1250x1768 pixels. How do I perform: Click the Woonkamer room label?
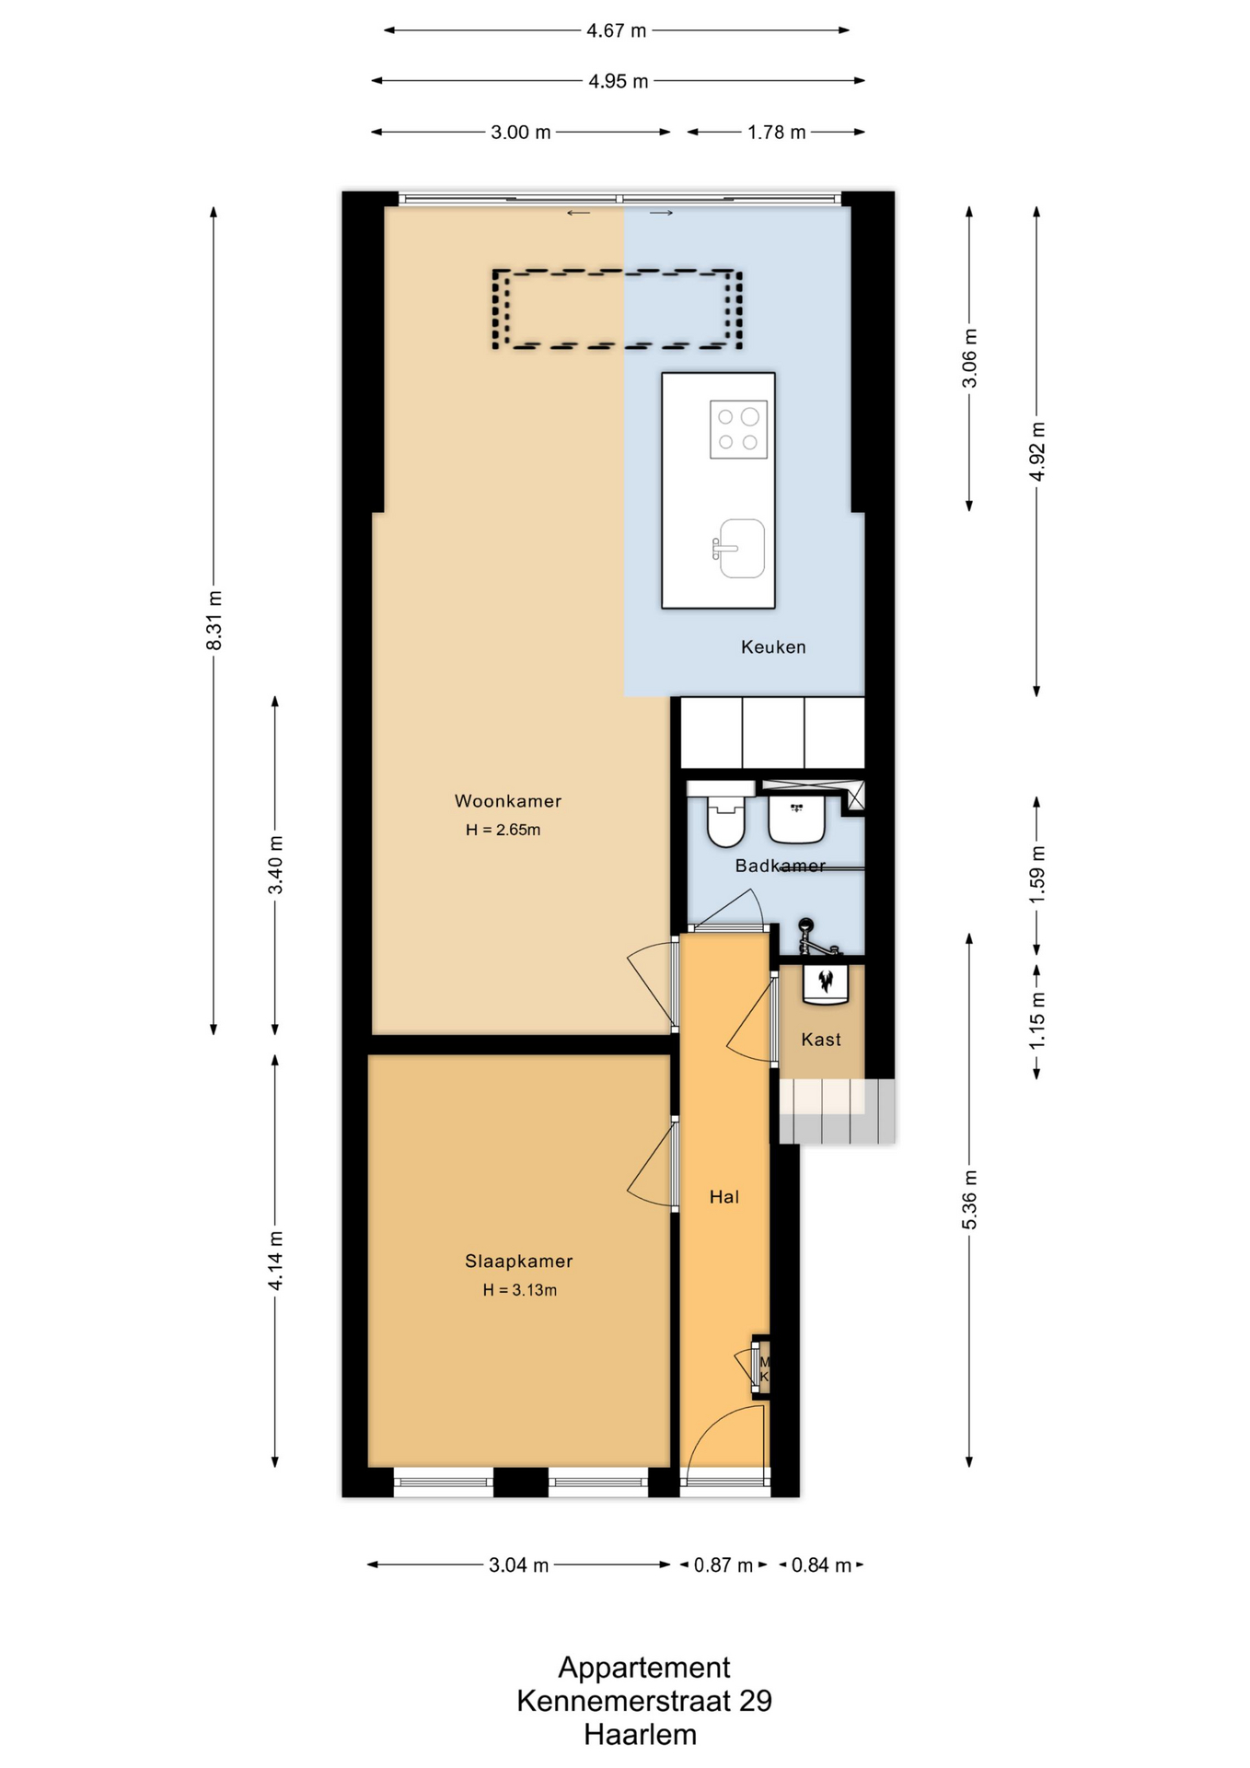[507, 801]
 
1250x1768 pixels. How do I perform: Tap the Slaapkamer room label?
[518, 1262]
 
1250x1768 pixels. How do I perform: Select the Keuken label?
[773, 647]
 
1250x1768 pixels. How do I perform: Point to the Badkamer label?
[780, 866]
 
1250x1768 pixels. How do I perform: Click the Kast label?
[821, 1040]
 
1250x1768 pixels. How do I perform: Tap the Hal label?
[724, 1197]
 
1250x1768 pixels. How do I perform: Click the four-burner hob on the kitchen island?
[738, 429]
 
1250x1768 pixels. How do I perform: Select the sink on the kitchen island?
[739, 549]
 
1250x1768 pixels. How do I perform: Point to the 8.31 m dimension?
[214, 621]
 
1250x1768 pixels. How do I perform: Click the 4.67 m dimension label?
[617, 30]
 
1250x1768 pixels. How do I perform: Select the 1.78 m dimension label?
[776, 133]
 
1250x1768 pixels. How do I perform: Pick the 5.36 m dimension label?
[969, 1200]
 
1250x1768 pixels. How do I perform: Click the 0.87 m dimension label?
[723, 1564]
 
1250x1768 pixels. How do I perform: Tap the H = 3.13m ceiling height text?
[520, 1290]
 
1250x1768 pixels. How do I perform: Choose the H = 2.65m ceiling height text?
[503, 830]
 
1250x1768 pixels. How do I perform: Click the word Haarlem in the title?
[640, 1735]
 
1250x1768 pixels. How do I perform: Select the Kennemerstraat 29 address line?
[643, 1701]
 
